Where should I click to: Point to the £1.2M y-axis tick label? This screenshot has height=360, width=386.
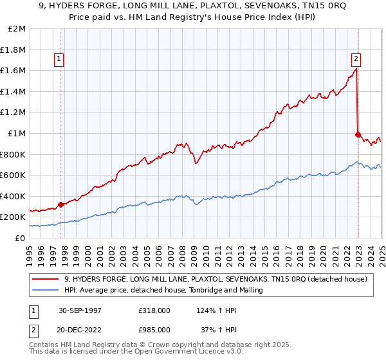coord(14,113)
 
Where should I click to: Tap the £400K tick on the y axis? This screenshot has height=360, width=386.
coord(14,196)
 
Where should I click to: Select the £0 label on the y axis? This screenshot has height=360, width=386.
coord(21,238)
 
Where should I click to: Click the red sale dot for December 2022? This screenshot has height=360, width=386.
coord(358,134)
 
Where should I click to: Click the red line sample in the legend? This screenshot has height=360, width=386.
coord(46,279)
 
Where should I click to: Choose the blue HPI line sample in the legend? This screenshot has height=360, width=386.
coord(46,290)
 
